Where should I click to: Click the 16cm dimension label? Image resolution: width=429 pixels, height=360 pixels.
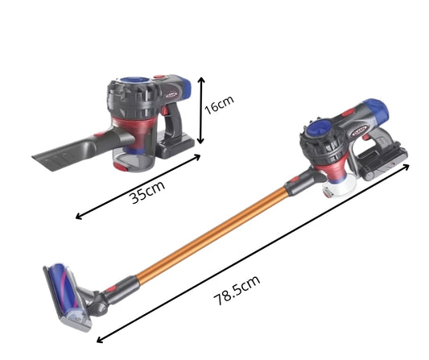tap(219, 105)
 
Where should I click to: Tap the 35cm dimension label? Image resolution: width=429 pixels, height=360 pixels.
tap(148, 192)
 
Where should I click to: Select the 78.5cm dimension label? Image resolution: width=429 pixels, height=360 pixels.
tap(237, 291)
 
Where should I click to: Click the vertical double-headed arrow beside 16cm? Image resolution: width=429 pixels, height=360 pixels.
tap(201, 110)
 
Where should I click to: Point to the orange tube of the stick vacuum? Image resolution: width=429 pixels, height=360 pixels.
tap(212, 236)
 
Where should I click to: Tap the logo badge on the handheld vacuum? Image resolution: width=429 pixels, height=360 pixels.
tap(171, 95)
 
